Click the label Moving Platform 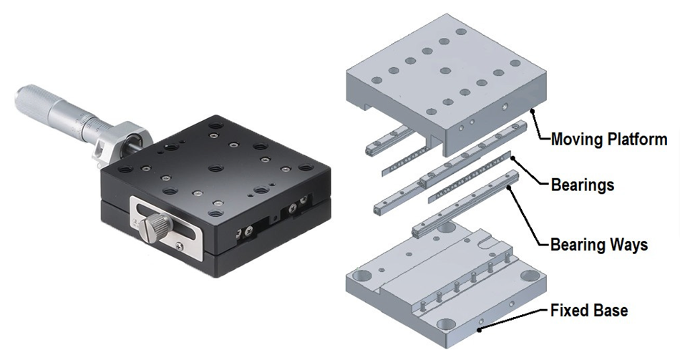(x=609, y=140)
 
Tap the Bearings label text (x=583, y=185)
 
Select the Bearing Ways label (x=599, y=245)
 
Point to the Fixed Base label (x=589, y=311)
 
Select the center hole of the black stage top (x=215, y=168)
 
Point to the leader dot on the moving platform (x=533, y=112)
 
